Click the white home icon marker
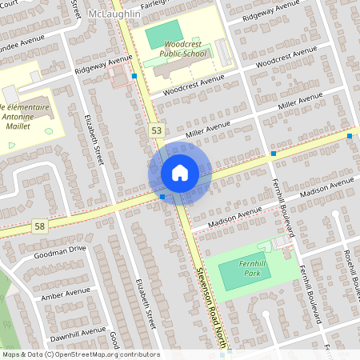click(179, 173)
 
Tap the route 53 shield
click(155, 129)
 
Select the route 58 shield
click(40, 226)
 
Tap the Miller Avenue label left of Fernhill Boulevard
click(206, 130)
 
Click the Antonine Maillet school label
click(26, 116)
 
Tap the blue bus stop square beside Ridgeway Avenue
click(134, 76)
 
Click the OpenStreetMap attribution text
click(80, 354)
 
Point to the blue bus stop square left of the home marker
click(162, 196)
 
